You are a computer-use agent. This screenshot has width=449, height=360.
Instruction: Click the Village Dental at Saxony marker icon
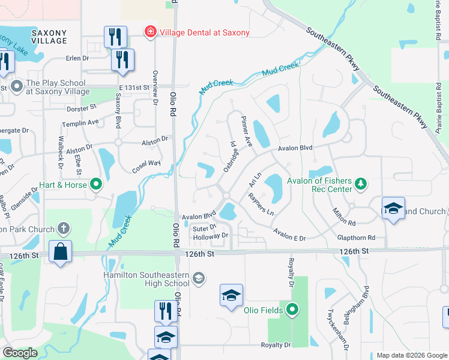[x=149, y=32]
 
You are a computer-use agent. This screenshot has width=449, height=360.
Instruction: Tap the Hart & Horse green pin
[x=95, y=185]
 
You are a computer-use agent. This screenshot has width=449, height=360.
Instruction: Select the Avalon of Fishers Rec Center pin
[x=361, y=184]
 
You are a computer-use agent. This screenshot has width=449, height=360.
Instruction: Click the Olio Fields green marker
[x=292, y=310]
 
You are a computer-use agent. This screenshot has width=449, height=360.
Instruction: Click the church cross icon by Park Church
[x=64, y=229]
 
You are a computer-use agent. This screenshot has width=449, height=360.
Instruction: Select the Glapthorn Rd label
[x=356, y=238]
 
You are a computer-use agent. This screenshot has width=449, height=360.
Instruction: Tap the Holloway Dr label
[x=211, y=236]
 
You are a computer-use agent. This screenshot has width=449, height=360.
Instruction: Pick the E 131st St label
[x=133, y=88]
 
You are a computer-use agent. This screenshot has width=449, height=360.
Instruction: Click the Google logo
[x=20, y=353]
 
